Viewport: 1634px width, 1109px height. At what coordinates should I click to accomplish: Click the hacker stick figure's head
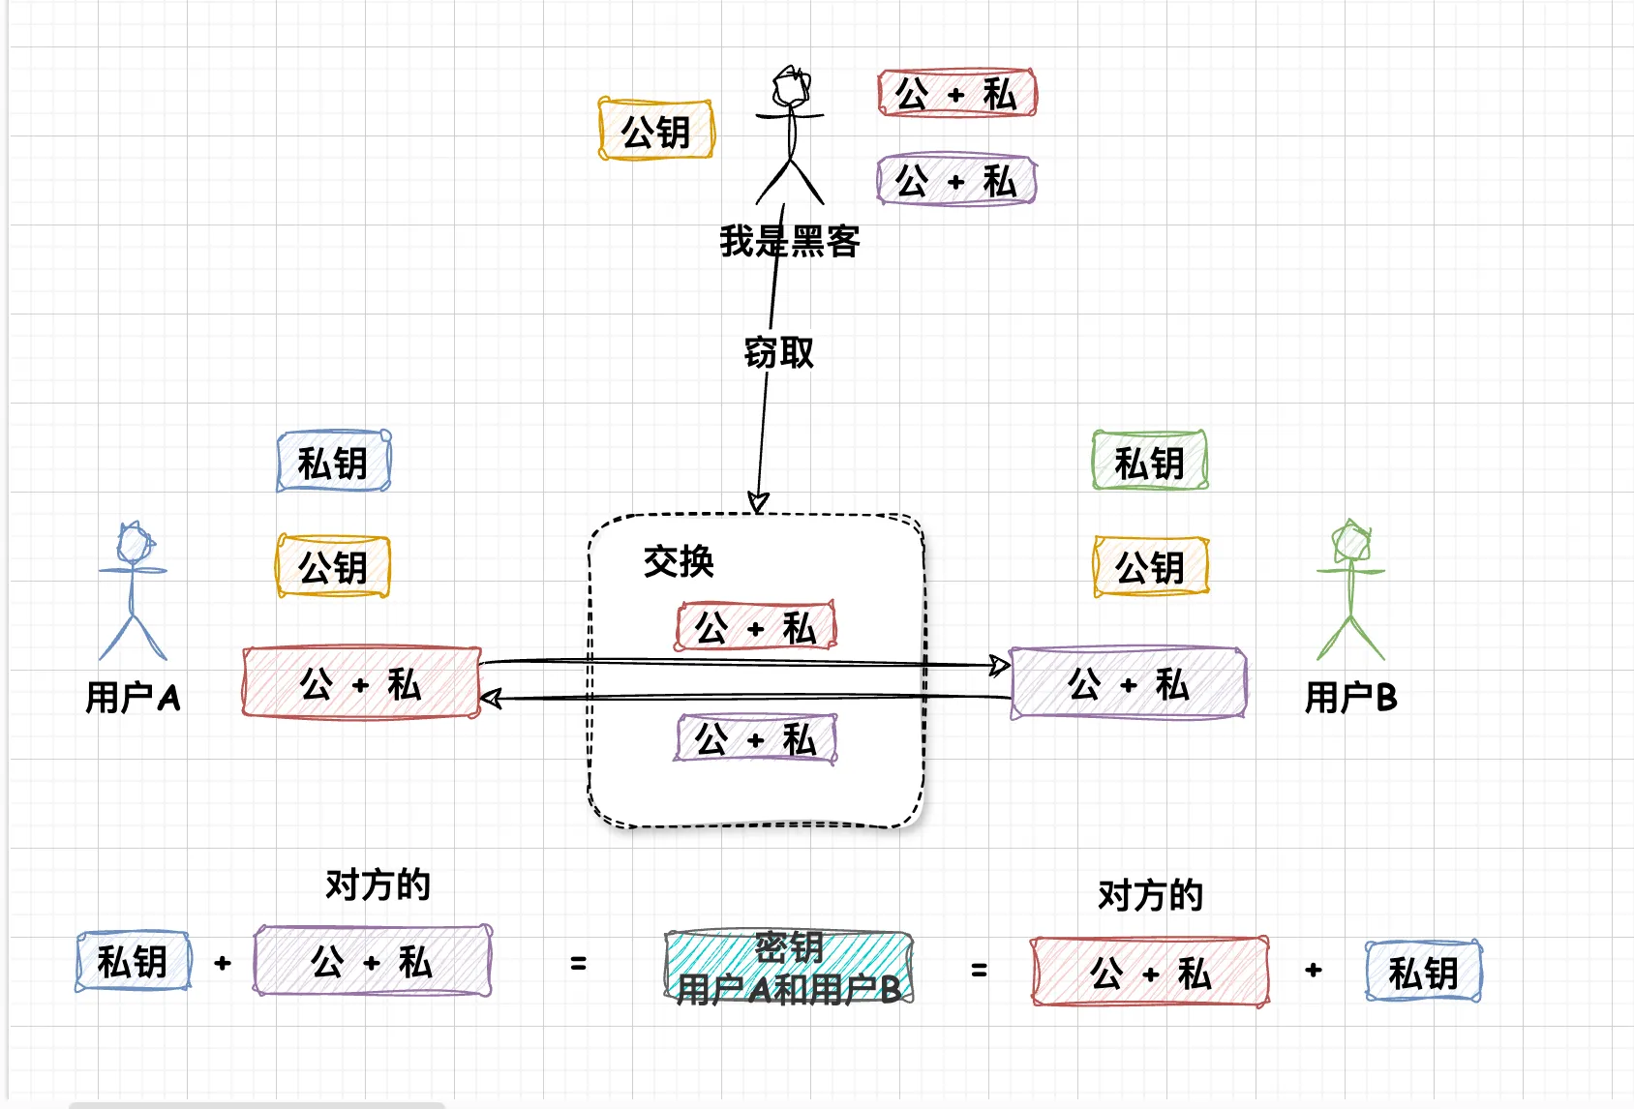click(x=791, y=86)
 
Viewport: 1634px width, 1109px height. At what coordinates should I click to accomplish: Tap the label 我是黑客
click(x=790, y=241)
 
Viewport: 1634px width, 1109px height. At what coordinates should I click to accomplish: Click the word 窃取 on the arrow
click(x=778, y=353)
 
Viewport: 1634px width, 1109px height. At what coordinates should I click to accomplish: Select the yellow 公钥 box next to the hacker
click(x=656, y=130)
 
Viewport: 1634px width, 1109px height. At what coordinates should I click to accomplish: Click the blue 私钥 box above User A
click(x=334, y=463)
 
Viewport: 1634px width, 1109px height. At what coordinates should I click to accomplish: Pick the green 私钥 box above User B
click(x=1150, y=462)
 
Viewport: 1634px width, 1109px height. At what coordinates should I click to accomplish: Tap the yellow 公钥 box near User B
click(x=1151, y=566)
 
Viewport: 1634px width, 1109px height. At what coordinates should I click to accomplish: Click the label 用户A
click(x=133, y=697)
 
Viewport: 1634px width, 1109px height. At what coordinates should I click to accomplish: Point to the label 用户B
click(x=1350, y=697)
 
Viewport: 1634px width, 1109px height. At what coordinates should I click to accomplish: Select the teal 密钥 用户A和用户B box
click(x=789, y=968)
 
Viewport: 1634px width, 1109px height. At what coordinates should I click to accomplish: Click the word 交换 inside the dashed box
click(x=679, y=561)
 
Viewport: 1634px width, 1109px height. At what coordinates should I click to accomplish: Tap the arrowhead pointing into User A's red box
click(x=491, y=698)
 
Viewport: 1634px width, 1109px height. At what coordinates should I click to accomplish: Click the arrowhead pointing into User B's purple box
click(x=1000, y=665)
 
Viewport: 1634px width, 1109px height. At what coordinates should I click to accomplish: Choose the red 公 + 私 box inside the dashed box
click(x=756, y=627)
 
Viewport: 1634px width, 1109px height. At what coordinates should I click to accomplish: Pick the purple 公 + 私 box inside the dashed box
click(x=756, y=739)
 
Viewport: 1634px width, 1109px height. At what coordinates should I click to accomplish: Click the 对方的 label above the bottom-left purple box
click(x=378, y=884)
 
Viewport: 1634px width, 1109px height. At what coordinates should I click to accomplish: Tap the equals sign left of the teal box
click(x=579, y=964)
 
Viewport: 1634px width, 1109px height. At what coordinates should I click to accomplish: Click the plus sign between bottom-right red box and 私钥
click(x=1314, y=970)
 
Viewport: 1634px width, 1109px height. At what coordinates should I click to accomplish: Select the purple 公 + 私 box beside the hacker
click(x=956, y=180)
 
